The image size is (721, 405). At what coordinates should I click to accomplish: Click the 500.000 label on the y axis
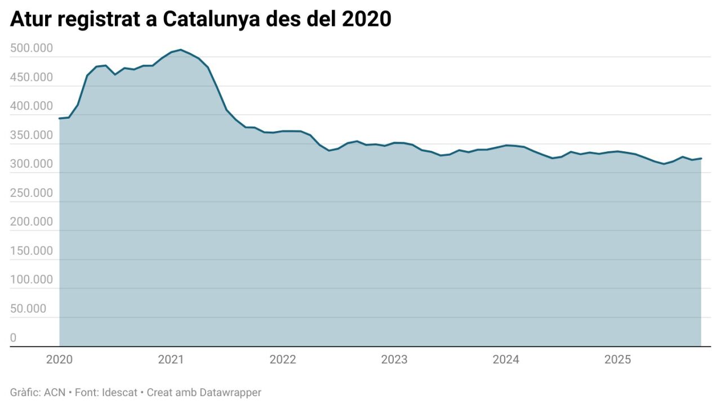32,48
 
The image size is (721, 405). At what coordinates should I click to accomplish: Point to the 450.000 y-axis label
32,77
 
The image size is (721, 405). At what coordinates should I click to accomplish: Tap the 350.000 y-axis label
32,135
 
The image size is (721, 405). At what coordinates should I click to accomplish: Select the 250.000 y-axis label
32,193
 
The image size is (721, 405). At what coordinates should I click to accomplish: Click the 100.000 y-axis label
32,280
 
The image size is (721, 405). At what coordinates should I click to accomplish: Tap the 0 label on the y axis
14,337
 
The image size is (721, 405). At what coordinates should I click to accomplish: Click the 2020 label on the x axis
59,360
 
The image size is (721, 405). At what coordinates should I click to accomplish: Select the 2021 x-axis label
171,360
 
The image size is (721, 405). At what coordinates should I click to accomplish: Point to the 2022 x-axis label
283,360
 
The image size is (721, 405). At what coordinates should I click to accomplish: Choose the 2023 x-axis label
394,360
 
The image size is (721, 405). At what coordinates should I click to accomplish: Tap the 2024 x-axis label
506,360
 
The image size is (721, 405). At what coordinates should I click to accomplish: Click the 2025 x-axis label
617,360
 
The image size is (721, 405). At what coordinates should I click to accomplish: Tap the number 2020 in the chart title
366,19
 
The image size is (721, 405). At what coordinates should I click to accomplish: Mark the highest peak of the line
180,49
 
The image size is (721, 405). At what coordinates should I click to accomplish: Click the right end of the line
701,158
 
